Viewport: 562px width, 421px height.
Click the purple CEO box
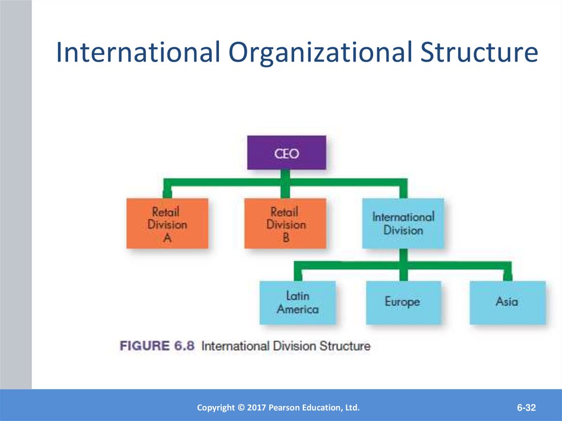(x=286, y=153)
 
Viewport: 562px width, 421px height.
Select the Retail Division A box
(x=167, y=223)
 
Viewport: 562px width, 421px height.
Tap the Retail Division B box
(x=285, y=223)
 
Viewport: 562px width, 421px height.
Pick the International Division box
(x=403, y=223)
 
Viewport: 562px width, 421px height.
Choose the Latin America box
(x=297, y=302)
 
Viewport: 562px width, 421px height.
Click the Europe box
(x=402, y=302)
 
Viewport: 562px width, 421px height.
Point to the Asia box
(x=507, y=302)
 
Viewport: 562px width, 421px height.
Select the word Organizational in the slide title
(x=320, y=53)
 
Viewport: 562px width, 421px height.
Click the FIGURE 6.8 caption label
(x=157, y=346)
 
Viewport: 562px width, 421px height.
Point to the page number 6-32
(x=526, y=408)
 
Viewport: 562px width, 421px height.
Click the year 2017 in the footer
(x=259, y=408)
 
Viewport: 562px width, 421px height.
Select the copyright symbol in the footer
(x=240, y=408)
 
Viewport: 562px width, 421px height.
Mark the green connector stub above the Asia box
(x=508, y=272)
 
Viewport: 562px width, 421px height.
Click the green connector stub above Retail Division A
(x=167, y=191)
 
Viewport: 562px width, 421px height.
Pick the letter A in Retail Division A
(x=167, y=238)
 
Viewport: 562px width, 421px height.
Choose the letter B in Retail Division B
(x=285, y=238)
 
